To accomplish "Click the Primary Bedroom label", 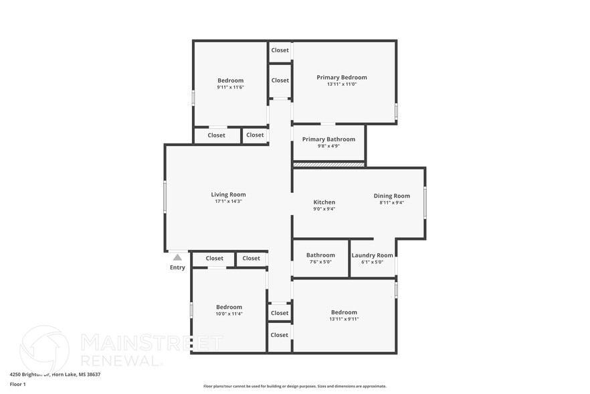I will coord(341,77).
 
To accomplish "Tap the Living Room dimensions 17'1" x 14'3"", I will coord(228,201).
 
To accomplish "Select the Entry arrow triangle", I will coord(177,257).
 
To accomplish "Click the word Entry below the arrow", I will coord(177,267).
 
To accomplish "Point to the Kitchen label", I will coord(324,202).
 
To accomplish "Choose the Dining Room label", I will coord(391,196).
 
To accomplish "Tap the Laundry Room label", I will coord(372,255).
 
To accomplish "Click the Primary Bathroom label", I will coord(328,139).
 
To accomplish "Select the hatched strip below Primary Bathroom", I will coord(328,164).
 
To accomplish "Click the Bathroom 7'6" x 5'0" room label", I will coord(320,255).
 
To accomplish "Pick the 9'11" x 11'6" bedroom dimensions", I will coord(230,87).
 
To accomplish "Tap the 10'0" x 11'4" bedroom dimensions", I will coord(229,314).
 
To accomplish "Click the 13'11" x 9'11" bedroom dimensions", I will coord(344,319).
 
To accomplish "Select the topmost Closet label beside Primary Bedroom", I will coord(280,50).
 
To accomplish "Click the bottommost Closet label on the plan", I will coord(280,335).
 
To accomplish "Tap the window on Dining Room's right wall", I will coord(425,202).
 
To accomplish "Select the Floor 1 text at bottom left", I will coord(17,384).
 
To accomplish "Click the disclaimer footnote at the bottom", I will coord(294,386).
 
